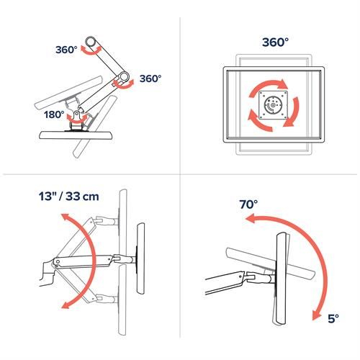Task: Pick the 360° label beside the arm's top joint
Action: tap(67, 50)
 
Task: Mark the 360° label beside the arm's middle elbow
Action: tap(150, 78)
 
